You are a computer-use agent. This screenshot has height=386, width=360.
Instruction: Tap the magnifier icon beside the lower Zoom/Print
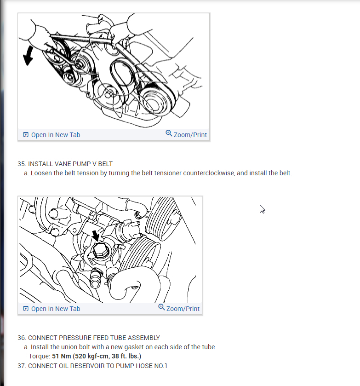161,307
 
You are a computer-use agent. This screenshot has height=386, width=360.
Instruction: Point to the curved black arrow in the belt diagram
28,56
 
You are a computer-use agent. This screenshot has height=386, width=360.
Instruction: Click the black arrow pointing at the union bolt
96,236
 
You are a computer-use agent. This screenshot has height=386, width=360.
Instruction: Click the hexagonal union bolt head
100,250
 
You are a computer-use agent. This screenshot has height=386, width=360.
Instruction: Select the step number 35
22,164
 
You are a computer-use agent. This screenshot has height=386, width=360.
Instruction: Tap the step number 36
22,338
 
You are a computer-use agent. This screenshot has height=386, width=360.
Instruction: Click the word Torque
40,356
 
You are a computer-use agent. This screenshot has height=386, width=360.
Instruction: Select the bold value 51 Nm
62,356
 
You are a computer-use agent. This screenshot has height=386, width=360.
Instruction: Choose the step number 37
22,366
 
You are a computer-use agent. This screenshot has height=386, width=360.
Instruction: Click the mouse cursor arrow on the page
262,209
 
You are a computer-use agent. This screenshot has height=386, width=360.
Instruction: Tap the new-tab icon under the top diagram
26,135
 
